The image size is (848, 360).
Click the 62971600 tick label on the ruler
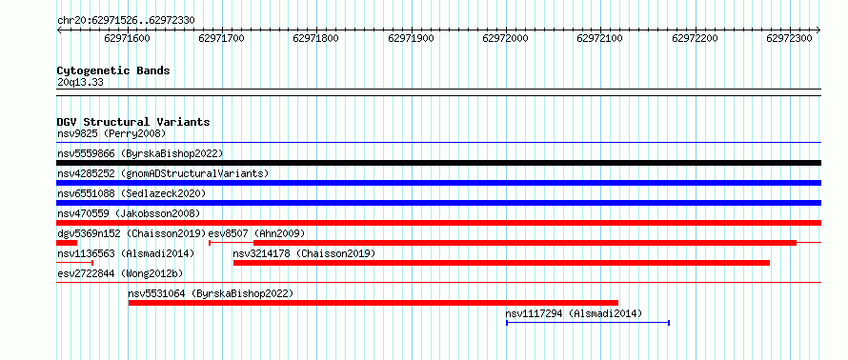(x=127, y=38)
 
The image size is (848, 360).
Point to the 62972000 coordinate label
(x=506, y=38)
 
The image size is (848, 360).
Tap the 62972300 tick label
(x=790, y=38)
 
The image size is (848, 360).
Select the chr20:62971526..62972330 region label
(x=126, y=21)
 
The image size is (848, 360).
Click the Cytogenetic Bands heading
(x=113, y=70)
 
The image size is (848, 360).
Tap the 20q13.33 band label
(x=80, y=83)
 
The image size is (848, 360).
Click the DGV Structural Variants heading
(x=133, y=122)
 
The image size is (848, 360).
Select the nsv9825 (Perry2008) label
(x=111, y=133)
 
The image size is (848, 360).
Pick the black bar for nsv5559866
(x=439, y=163)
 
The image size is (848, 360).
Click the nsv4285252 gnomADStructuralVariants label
(x=163, y=173)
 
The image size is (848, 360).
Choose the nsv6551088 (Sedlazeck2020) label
(x=131, y=193)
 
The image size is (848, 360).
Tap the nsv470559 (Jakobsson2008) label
(x=129, y=213)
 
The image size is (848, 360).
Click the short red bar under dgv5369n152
(x=67, y=243)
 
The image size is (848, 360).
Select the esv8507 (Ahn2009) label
(x=257, y=233)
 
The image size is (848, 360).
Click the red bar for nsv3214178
(x=501, y=263)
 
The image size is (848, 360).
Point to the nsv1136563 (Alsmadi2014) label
(x=126, y=253)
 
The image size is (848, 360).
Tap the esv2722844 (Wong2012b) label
(x=120, y=273)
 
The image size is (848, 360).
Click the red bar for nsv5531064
(x=374, y=303)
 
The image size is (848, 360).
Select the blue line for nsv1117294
(x=588, y=323)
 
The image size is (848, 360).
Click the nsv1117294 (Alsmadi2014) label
(x=574, y=313)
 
